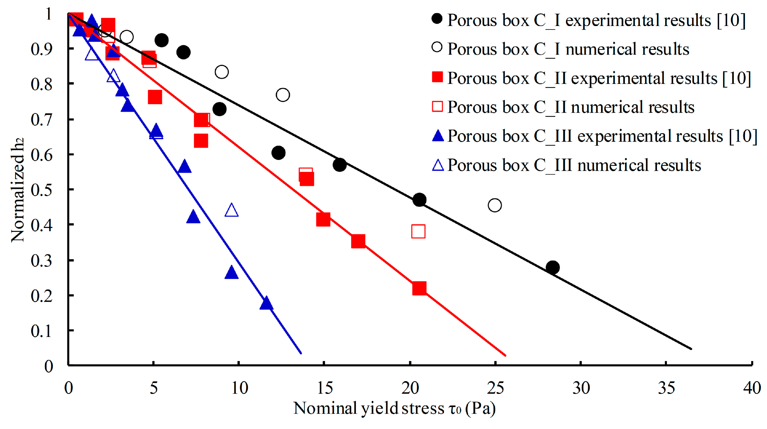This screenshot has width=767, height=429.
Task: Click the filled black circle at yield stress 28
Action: click(552, 267)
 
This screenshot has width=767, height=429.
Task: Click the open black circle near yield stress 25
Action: click(495, 205)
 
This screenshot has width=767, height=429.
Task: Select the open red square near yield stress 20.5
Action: click(418, 231)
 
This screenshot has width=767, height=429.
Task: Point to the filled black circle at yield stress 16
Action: click(339, 165)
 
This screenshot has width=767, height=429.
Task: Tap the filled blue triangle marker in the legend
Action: click(438, 136)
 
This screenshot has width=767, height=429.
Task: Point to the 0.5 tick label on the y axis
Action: click(42, 190)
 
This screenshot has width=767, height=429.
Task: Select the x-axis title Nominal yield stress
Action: click(394, 408)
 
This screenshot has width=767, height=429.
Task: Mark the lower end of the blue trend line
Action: click(301, 353)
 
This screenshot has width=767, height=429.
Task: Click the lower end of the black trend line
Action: click(691, 349)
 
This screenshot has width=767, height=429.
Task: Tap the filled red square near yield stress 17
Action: click(358, 241)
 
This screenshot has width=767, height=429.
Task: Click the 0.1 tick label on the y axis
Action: click(42, 331)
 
